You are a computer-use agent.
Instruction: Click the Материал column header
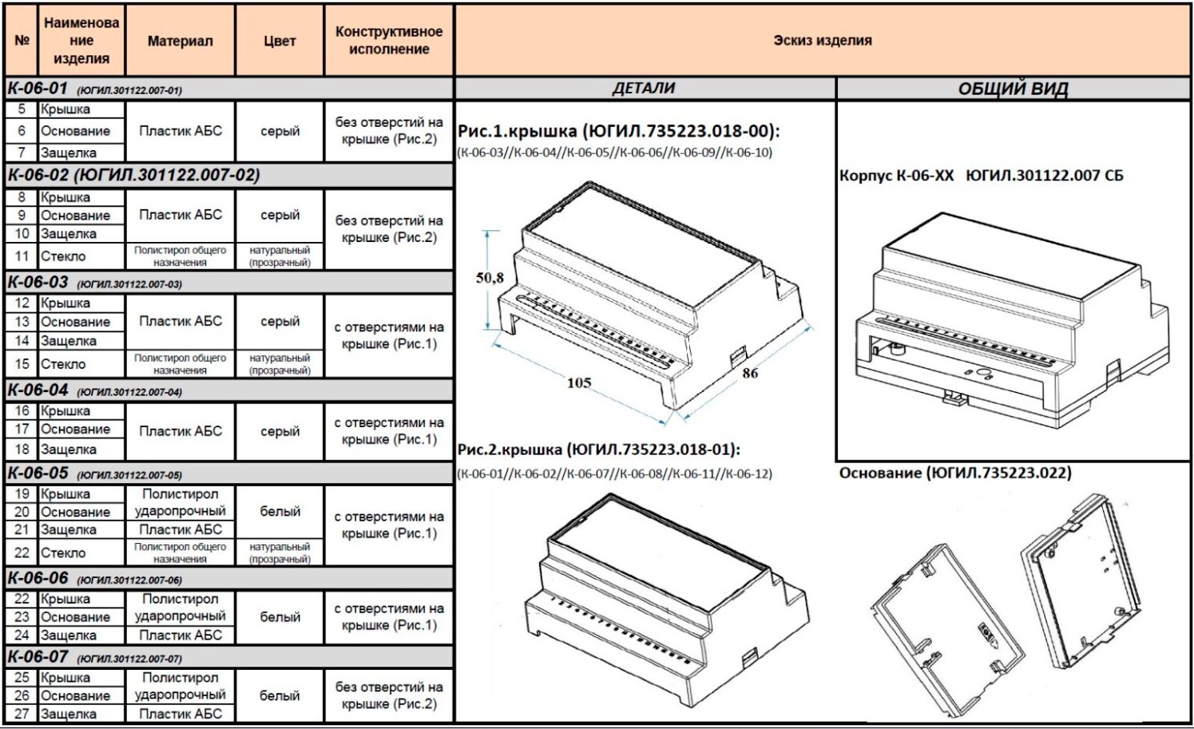coord(180,41)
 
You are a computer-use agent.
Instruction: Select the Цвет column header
coord(280,41)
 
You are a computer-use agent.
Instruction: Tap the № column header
coord(22,41)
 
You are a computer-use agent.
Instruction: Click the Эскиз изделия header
coord(822,40)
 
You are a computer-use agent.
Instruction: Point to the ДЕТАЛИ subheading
coord(644,89)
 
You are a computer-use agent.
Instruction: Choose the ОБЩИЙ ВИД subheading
coord(1013,89)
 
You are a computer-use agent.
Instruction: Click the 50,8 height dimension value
coord(490,278)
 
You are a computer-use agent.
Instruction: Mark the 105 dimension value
coord(579,382)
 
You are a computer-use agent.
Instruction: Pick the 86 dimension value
coord(750,372)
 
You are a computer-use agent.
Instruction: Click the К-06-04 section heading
coord(38,390)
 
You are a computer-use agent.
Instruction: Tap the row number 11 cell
coord(22,256)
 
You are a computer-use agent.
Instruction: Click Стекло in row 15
coord(63,364)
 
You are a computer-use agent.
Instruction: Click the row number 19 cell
coord(22,493)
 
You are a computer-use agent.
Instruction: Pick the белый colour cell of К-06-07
coord(280,695)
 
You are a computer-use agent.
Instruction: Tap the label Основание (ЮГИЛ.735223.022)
coord(955,473)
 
